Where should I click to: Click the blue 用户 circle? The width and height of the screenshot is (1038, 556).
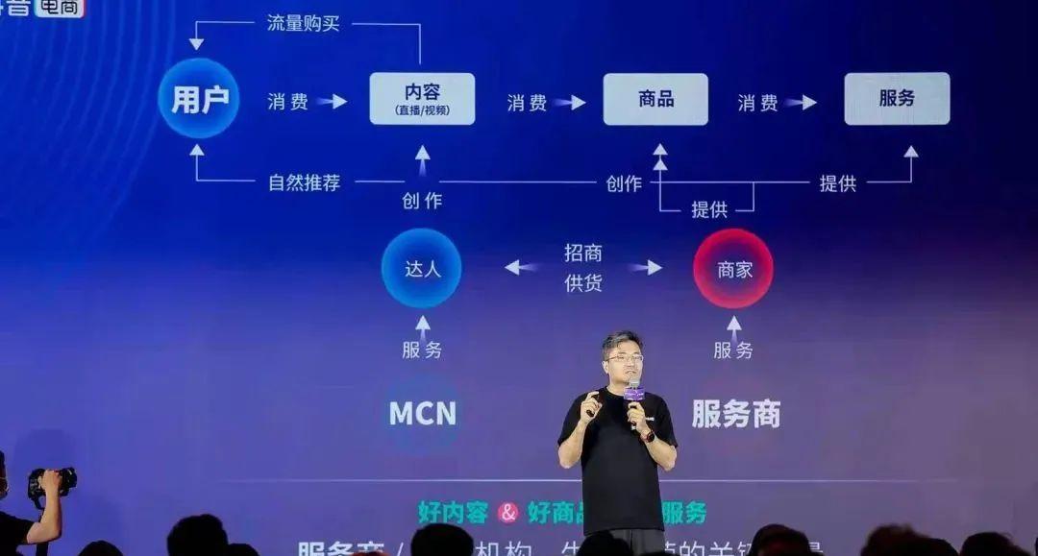click(199, 98)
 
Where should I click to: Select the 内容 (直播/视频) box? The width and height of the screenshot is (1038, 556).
click(422, 98)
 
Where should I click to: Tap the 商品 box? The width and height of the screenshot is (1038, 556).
click(655, 98)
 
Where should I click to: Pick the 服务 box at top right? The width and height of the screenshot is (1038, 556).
click(897, 98)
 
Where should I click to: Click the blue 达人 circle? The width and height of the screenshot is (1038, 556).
click(421, 268)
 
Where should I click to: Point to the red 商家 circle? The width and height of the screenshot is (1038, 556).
click(733, 269)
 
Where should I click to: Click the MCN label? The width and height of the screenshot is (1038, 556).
click(422, 414)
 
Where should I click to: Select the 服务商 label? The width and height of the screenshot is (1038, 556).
click(736, 414)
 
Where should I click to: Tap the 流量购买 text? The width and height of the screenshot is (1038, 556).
click(303, 23)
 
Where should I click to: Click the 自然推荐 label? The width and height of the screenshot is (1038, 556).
click(304, 182)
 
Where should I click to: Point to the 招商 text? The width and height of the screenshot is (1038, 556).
click(583, 253)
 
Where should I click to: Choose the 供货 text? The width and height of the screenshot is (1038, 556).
click(583, 283)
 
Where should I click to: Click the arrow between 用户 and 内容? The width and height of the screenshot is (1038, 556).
click(333, 101)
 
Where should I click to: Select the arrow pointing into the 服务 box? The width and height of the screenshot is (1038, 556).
click(801, 102)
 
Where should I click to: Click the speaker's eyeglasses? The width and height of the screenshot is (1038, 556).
click(624, 358)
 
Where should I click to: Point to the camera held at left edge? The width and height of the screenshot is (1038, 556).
click(51, 479)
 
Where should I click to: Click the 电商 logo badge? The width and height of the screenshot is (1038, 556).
click(60, 8)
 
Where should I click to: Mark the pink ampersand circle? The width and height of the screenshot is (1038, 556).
click(507, 513)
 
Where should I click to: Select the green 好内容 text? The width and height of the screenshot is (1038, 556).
click(453, 513)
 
